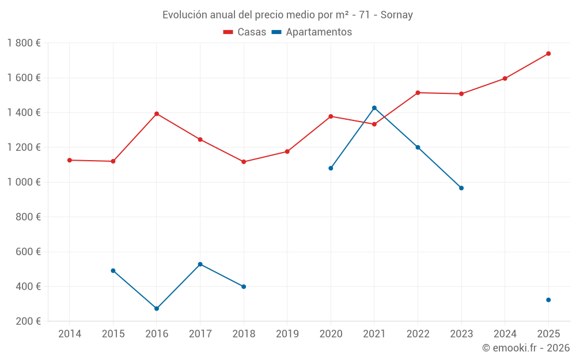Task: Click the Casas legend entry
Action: click(x=245, y=32)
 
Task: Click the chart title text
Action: click(x=287, y=15)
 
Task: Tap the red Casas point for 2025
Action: click(x=548, y=54)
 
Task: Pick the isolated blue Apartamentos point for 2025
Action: click(x=548, y=300)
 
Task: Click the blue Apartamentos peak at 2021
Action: click(x=374, y=108)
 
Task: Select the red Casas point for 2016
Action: click(x=157, y=114)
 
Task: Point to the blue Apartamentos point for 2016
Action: click(x=157, y=309)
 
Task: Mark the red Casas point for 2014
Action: click(x=70, y=160)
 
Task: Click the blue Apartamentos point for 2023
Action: click(x=461, y=188)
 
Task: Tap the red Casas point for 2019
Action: click(x=287, y=151)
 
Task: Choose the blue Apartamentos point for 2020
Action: click(x=331, y=168)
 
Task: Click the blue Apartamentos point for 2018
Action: click(x=244, y=287)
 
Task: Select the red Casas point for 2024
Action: click(x=505, y=78)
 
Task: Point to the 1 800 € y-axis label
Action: click(x=24, y=43)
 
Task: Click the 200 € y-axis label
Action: click(x=29, y=321)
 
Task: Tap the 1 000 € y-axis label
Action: click(x=24, y=182)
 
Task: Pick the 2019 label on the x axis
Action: click(x=287, y=334)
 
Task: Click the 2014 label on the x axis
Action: click(x=70, y=334)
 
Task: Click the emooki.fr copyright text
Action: click(x=526, y=348)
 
